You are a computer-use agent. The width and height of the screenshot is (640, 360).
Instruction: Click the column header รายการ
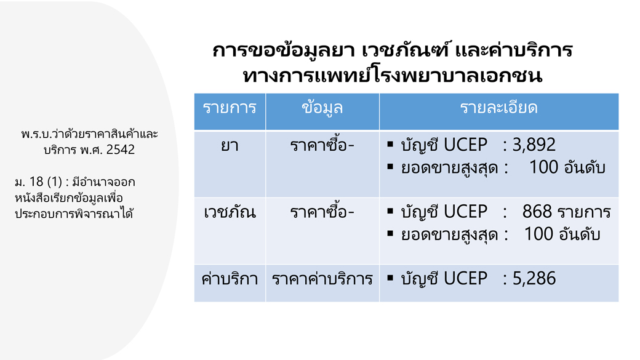230,108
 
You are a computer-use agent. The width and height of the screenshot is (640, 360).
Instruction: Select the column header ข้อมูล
322,108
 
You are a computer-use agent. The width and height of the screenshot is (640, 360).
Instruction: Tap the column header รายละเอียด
499,108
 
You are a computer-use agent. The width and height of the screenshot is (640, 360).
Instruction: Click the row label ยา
230,145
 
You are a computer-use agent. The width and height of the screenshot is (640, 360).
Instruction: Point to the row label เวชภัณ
230,212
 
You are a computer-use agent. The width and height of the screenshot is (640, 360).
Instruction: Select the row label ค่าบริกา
230,279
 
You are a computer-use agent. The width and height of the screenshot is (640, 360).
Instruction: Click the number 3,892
534,145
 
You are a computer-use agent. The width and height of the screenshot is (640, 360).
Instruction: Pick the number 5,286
534,278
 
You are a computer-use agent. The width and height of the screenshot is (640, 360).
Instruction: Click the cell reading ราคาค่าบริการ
322,279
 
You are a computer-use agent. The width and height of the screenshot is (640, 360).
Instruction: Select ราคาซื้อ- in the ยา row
322,144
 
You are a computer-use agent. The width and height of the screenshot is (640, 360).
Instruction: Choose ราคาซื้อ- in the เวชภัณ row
322,211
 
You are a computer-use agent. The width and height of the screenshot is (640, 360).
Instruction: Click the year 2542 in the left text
121,150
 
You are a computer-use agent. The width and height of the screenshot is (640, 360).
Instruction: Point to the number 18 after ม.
36,182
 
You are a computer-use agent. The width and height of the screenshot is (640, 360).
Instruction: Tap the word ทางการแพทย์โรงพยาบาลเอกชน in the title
392,76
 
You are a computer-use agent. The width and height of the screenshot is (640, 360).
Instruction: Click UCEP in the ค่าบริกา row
465,278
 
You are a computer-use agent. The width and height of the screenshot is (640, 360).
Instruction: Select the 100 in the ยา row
543,167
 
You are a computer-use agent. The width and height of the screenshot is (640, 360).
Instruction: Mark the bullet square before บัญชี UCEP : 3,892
390,143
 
